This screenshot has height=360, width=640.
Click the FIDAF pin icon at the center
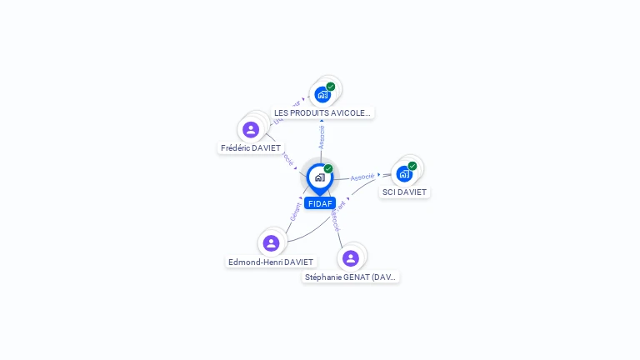tap(319, 177)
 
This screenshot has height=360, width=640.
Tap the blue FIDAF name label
tap(320, 203)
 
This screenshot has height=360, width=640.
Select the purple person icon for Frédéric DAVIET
tap(250, 129)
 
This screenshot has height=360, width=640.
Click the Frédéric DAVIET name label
tap(251, 148)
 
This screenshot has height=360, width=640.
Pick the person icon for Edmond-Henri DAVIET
tap(270, 243)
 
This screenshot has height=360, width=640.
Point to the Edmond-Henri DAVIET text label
tap(271, 262)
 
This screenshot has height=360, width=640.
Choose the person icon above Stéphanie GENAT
tap(350, 258)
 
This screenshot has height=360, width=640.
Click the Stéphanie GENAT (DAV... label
tap(351, 277)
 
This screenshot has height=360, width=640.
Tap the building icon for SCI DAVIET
tap(404, 174)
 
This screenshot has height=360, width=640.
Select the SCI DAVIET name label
tap(404, 192)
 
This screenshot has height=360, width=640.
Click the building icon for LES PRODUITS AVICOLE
tap(322, 94)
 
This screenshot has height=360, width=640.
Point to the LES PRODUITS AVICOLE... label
tap(322, 112)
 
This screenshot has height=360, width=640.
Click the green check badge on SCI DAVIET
tap(412, 166)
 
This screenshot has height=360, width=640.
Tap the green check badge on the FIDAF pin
tap(328, 169)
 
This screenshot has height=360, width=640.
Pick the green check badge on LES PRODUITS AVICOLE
tap(331, 87)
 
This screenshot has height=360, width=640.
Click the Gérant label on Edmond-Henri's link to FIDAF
tap(296, 212)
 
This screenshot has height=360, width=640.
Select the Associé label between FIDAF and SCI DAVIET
tap(362, 177)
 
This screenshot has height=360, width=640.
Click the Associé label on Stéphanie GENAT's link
tap(335, 219)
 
